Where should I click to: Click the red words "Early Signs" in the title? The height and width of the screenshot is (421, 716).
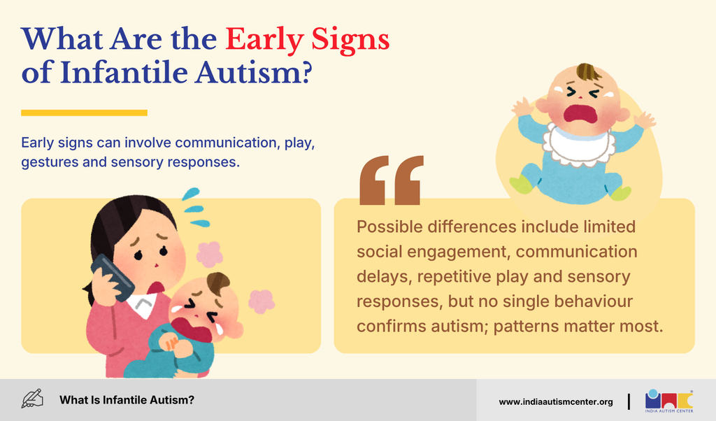(308, 40)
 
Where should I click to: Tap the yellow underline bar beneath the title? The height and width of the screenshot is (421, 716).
(84, 113)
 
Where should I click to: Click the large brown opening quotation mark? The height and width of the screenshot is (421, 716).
(392, 180)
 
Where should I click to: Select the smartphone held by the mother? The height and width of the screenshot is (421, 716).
(113, 278)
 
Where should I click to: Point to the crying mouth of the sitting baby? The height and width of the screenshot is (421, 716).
(580, 114)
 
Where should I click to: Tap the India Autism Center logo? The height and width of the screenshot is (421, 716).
(669, 401)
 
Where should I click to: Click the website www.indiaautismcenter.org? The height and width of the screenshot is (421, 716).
(556, 402)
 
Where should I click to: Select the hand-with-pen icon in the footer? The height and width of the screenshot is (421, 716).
(32, 399)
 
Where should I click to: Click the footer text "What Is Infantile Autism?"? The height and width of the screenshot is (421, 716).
(127, 400)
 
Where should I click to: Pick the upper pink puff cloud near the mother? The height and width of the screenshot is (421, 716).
(210, 254)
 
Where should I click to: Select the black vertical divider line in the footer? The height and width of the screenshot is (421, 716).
(629, 402)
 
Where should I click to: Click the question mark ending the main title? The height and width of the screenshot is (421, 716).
(306, 73)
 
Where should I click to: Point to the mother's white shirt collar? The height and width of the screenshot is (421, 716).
(142, 305)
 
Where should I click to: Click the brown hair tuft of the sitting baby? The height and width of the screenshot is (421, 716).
(587, 72)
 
